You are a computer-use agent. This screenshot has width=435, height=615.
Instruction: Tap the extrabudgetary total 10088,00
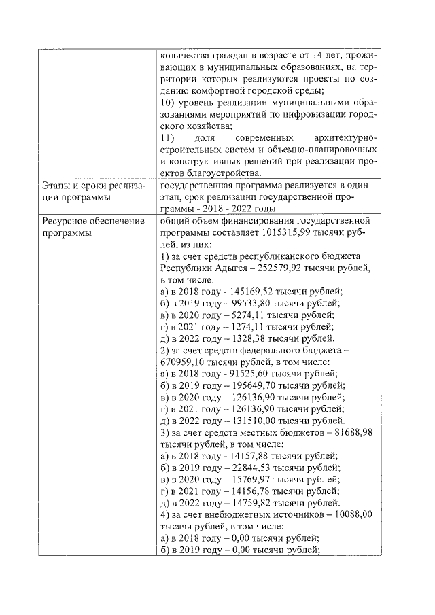350,515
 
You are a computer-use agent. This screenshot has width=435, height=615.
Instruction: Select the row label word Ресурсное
65,222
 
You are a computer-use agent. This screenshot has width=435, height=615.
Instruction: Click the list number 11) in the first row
167,138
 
